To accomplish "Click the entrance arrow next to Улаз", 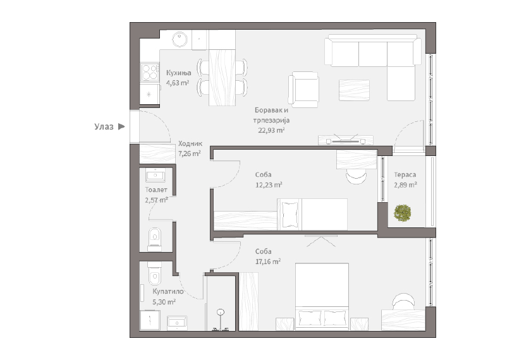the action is coord(121,126).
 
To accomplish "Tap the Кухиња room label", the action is coord(179,73).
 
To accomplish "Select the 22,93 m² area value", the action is coord(271,130).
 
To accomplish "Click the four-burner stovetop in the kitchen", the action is coord(150,72).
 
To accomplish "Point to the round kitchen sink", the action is coord(180,39).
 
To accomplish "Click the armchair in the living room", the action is coord(303,90).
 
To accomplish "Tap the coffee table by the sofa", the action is coord(354,90).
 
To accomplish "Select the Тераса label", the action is coord(405,174).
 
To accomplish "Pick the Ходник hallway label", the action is coord(190,143).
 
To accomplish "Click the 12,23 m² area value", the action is coord(269,185).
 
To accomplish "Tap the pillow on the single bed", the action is coord(290,215).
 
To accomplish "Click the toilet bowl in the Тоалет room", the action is coord(155,237).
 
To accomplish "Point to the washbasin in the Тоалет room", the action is coord(156,176).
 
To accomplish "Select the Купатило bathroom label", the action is coord(168,291).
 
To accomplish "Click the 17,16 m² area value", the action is coord(268,261).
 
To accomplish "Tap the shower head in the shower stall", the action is coord(221,312).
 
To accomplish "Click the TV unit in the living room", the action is coord(346,140).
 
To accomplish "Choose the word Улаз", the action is coord(104,126).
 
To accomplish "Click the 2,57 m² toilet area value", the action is coord(157,200).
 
